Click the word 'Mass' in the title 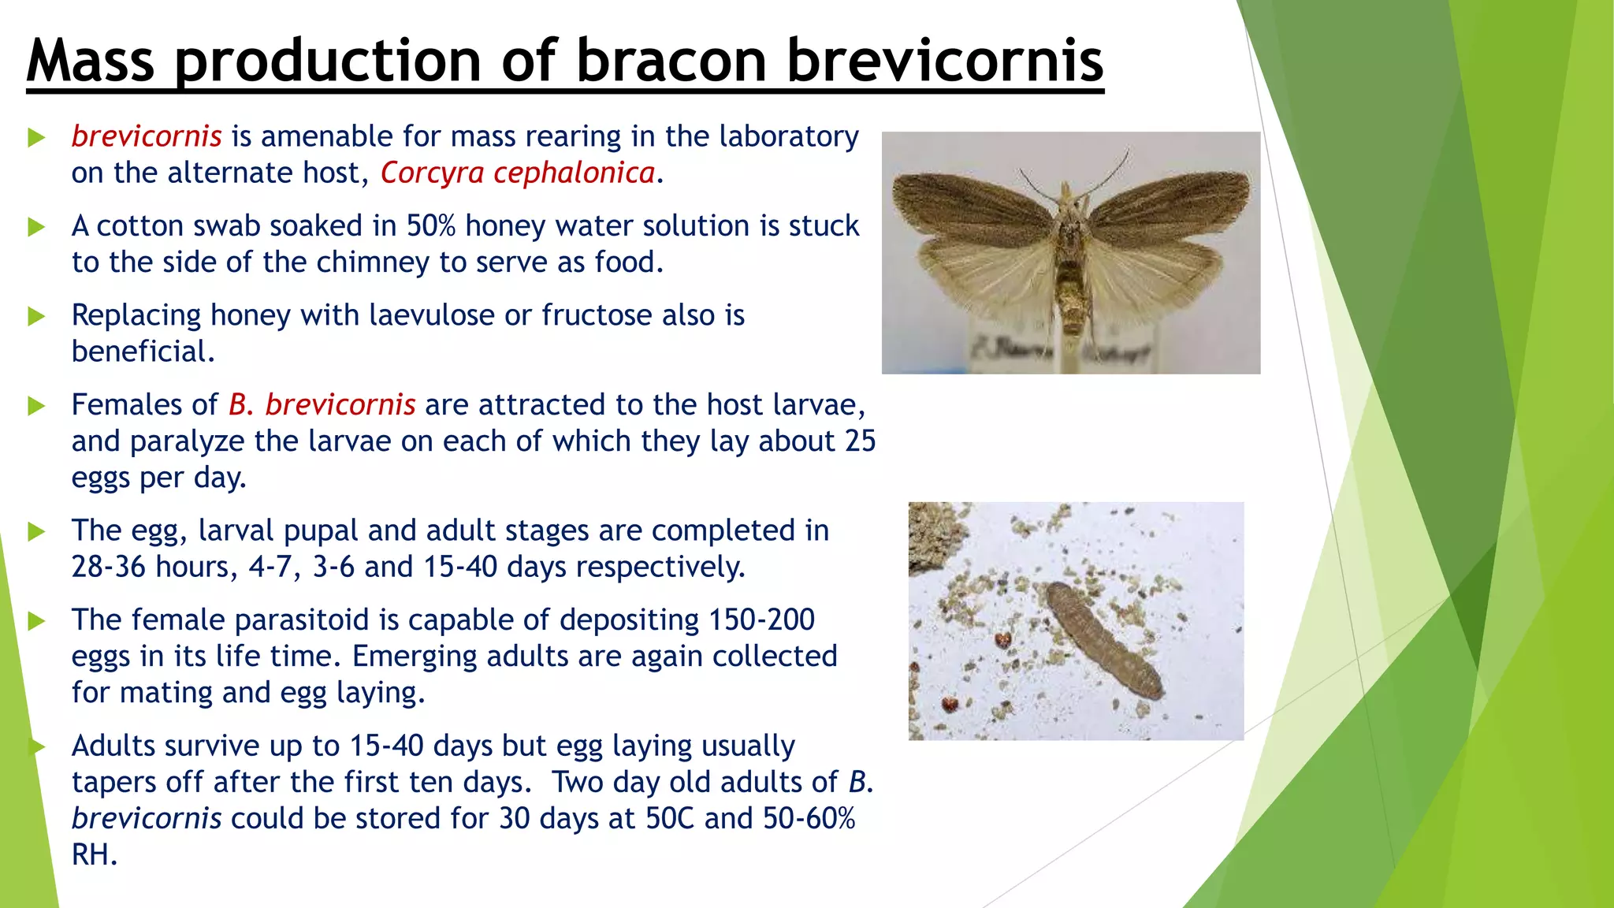(x=91, y=61)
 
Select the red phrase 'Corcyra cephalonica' (x=518, y=173)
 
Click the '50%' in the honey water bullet (x=431, y=226)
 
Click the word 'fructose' (x=597, y=315)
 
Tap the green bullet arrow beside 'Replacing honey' (x=36, y=317)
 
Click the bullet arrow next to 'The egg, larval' (x=36, y=532)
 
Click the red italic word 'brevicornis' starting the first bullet (x=147, y=136)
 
